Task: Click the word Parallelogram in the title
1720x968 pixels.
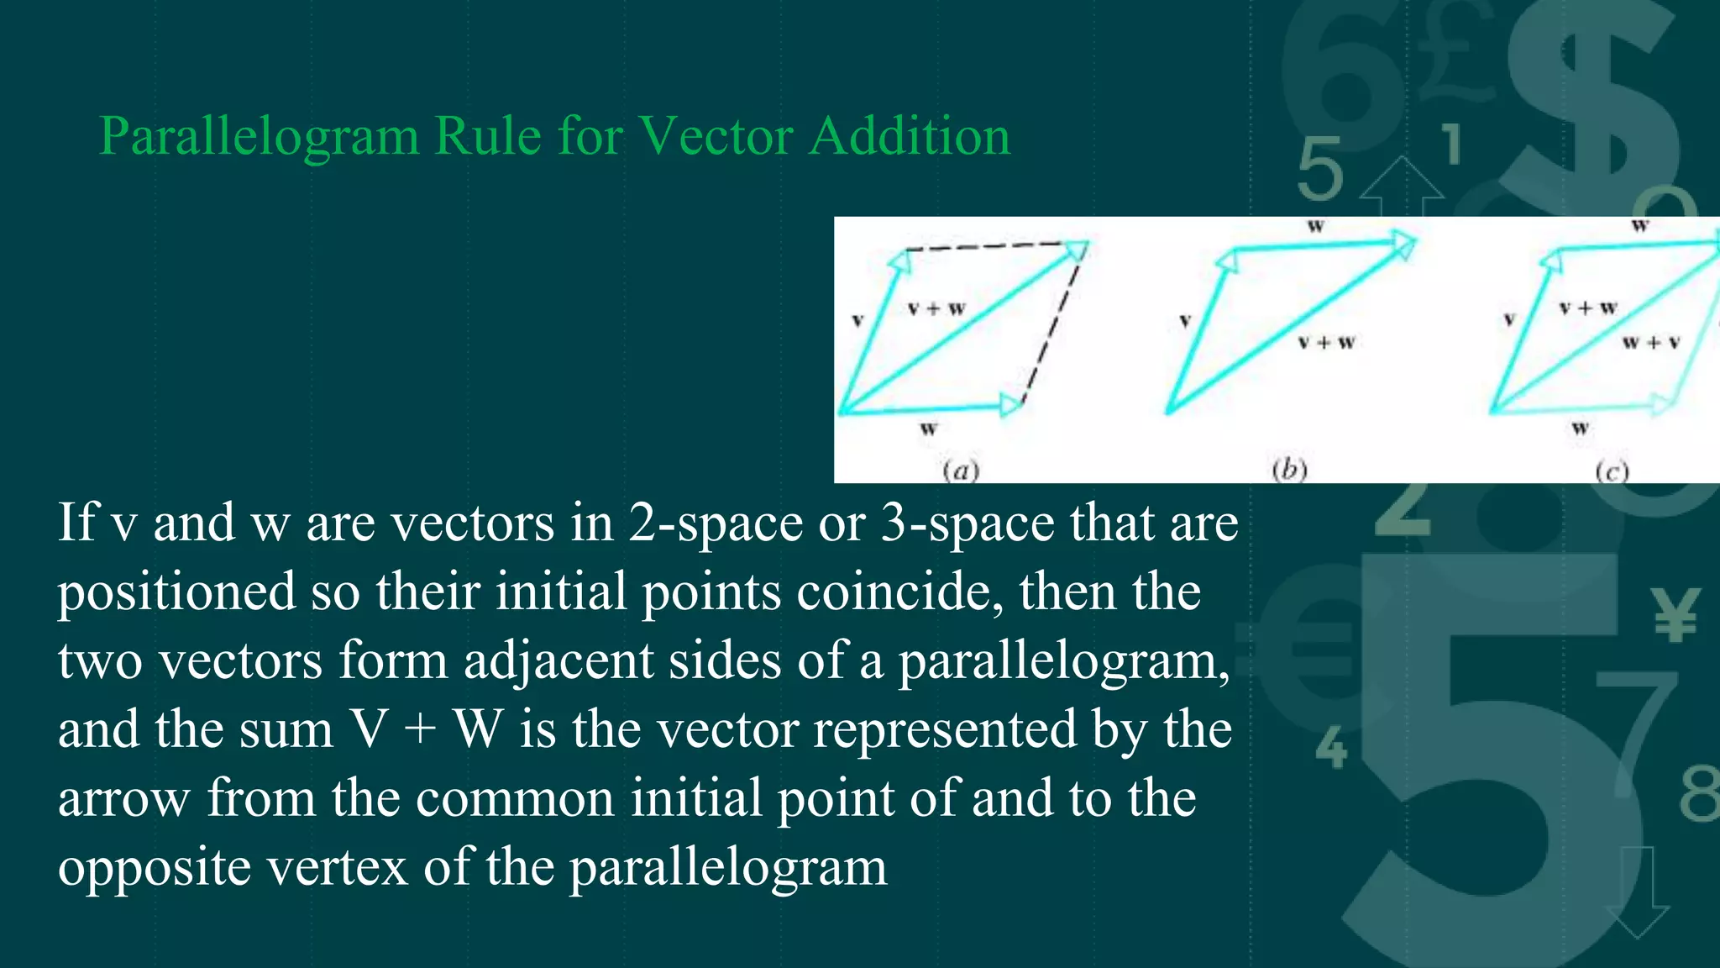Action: (259, 137)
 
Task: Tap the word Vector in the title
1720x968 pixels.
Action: (716, 135)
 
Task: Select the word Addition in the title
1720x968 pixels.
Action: (910, 135)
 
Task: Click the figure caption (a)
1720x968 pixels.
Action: (961, 470)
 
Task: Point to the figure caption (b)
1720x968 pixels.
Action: (1289, 469)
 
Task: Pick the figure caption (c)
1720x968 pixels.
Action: (1612, 471)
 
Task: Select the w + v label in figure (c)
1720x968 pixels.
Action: (1651, 343)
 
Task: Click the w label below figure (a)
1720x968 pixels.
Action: (928, 429)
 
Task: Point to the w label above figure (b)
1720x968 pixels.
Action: (1316, 226)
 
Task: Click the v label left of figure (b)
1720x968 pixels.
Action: (1185, 321)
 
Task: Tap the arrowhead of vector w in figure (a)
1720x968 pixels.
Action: (1011, 406)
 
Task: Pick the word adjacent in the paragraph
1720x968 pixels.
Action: (558, 660)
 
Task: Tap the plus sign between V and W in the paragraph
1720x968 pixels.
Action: (420, 729)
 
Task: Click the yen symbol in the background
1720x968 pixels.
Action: (1675, 614)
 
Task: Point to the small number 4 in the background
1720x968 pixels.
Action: (1331, 747)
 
